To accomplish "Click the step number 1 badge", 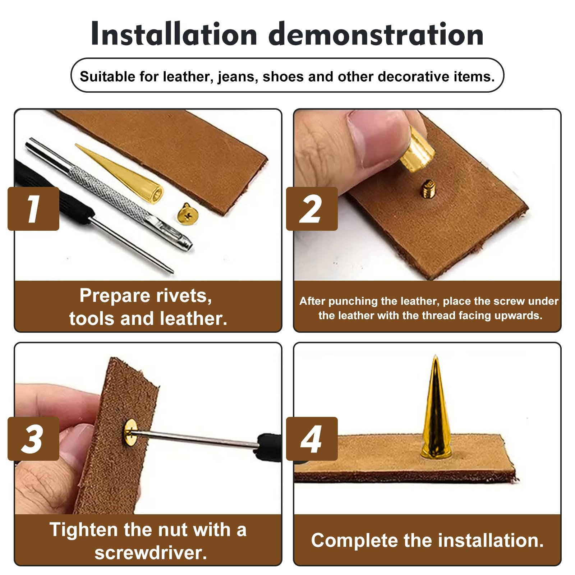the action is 33,209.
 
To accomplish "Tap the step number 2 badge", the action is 312,209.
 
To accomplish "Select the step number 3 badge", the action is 33,439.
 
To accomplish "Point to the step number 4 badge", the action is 312,439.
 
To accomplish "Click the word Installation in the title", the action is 174,34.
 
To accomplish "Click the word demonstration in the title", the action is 376,34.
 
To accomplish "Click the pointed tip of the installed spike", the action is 435,356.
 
